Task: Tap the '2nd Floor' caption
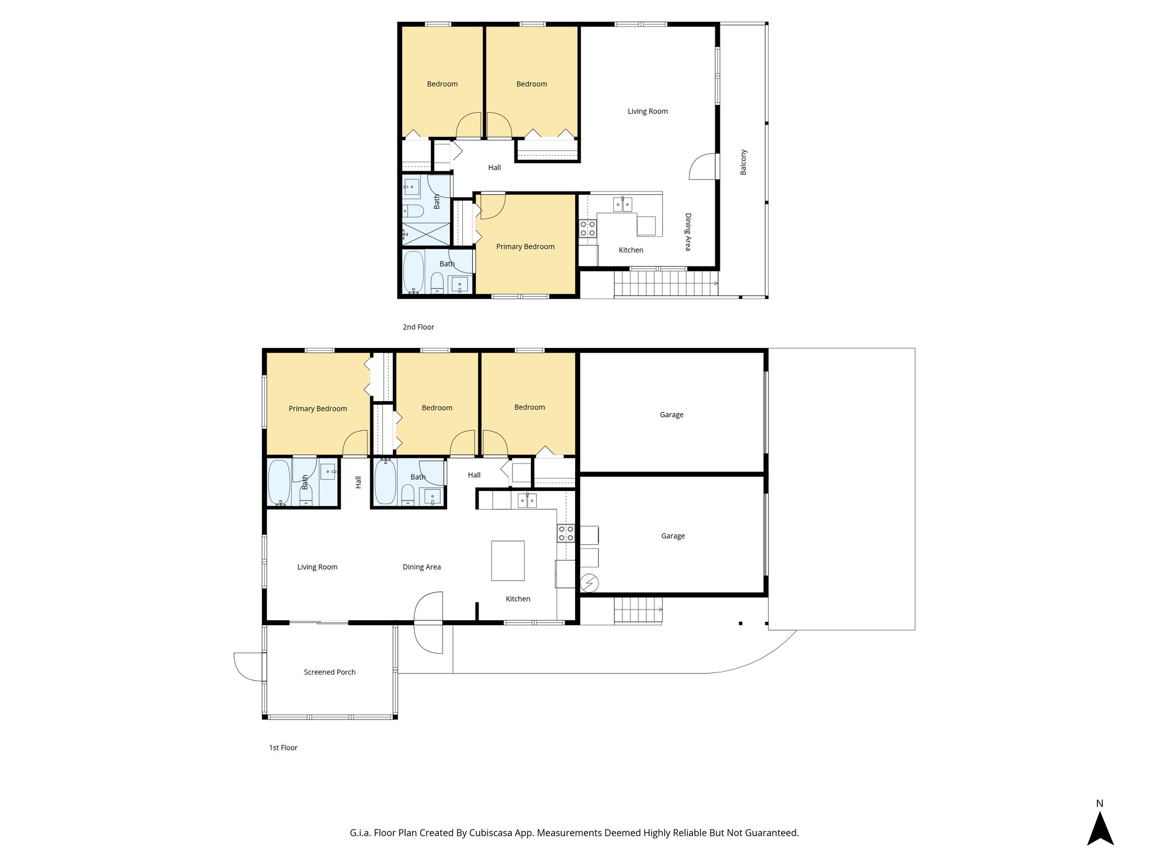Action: [418, 327]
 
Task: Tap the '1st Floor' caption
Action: [283, 748]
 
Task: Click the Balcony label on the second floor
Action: [743, 162]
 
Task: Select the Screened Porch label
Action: [329, 672]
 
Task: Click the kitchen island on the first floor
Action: [508, 561]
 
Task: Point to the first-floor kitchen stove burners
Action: [566, 533]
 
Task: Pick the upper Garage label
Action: [672, 415]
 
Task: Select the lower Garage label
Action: [673, 536]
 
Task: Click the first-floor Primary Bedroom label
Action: [318, 409]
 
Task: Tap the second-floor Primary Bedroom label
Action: [525, 246]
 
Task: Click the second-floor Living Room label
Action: [647, 111]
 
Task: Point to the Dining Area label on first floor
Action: [421, 567]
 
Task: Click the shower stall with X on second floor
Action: [426, 233]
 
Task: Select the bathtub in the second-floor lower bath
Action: [413, 272]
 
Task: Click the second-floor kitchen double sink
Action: [623, 204]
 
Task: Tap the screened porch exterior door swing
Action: [247, 667]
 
